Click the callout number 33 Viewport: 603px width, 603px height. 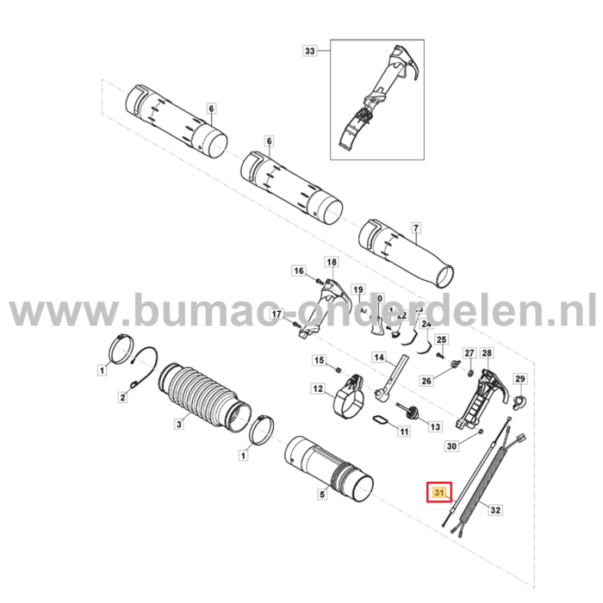(310, 51)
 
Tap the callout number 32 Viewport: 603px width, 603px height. (494, 510)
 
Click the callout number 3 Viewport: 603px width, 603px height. (177, 424)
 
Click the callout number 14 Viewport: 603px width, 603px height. (377, 357)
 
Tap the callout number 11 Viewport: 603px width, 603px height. (403, 430)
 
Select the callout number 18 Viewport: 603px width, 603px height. (330, 260)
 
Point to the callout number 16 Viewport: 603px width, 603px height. (299, 271)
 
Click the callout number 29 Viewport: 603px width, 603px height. (519, 379)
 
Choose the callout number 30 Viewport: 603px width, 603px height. (451, 446)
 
